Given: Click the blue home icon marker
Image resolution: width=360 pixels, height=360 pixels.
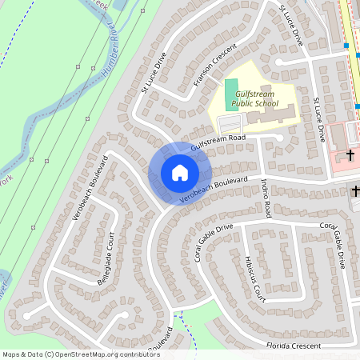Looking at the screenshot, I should coord(179,172).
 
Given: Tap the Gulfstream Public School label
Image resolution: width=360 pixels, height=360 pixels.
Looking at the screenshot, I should coord(253,99).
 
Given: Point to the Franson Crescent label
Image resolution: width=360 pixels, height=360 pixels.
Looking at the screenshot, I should coord(211,65).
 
